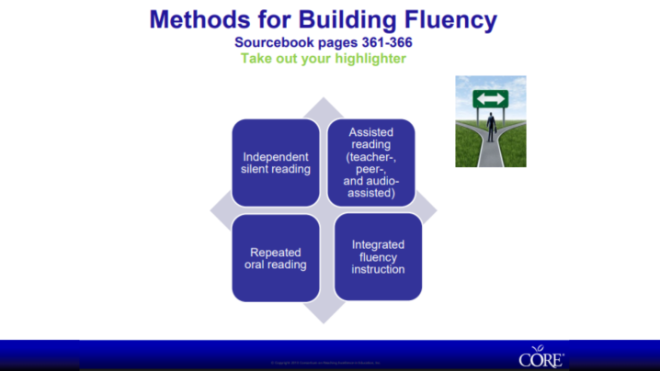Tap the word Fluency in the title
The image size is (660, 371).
click(445, 19)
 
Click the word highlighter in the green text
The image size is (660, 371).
click(365, 58)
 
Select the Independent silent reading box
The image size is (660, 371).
click(276, 162)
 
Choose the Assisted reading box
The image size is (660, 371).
click(371, 162)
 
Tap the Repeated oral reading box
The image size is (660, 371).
click(276, 258)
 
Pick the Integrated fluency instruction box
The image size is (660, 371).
click(378, 257)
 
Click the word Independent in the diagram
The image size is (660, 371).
click(276, 155)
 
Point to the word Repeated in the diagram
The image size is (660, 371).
click(276, 252)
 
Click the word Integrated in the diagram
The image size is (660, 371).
click(378, 244)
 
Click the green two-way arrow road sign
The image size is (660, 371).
click(491, 97)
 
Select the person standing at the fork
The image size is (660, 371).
click(491, 127)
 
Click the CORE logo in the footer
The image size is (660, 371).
click(541, 356)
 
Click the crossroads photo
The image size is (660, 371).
click(491, 121)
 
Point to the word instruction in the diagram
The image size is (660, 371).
click(378, 269)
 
